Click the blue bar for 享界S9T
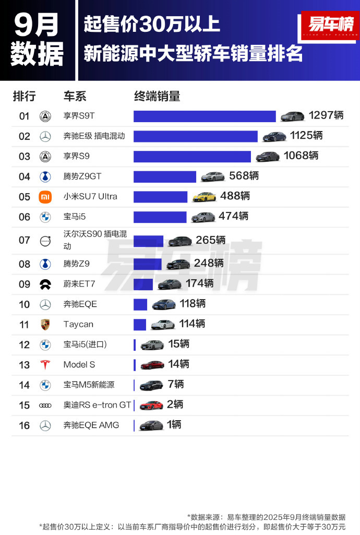(x=205, y=116)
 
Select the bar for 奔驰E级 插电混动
(x=196, y=136)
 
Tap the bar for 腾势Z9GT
(x=165, y=176)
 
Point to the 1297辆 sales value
(x=326, y=115)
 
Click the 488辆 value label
(x=235, y=196)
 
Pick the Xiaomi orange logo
(x=45, y=197)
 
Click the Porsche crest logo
(x=45, y=324)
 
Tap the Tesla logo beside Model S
(x=45, y=365)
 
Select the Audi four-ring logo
(x=45, y=405)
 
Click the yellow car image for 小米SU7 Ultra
(x=204, y=196)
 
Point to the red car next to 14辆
(x=152, y=365)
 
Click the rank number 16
(x=25, y=425)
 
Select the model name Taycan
(x=78, y=324)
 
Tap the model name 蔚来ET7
(x=79, y=284)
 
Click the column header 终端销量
(x=157, y=96)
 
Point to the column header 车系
(x=75, y=96)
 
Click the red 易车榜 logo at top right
(x=330, y=25)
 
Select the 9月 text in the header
(x=36, y=23)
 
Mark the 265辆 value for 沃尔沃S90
(x=211, y=240)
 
